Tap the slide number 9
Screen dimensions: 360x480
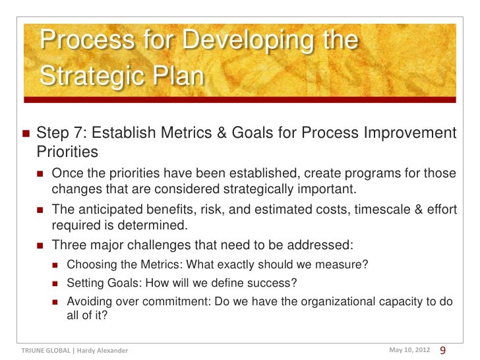(442, 349)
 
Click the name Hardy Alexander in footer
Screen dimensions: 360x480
(103, 350)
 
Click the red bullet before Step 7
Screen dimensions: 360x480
(25, 134)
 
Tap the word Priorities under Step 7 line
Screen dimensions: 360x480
(67, 152)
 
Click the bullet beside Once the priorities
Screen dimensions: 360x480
(41, 174)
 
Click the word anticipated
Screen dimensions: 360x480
(107, 210)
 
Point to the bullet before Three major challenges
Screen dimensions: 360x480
(41, 245)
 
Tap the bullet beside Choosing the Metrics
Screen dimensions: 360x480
(56, 266)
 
